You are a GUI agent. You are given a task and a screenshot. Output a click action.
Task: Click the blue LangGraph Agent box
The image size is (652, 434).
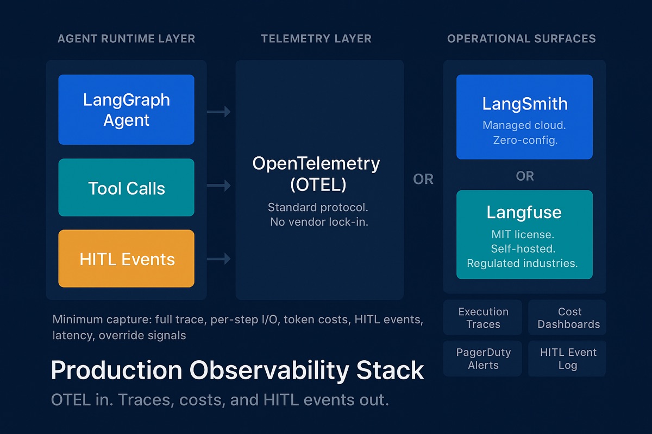(x=126, y=110)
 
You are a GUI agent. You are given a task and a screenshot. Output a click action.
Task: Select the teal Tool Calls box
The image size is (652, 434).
(x=126, y=188)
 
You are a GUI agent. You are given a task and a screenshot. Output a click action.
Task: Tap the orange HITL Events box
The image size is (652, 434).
(x=126, y=259)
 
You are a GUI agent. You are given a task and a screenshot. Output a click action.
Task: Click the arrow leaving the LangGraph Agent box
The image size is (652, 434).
(x=219, y=112)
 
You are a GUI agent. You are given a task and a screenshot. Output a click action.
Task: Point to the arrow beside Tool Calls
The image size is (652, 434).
(x=219, y=186)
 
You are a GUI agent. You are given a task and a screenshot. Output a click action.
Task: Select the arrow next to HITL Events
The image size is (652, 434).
(x=219, y=259)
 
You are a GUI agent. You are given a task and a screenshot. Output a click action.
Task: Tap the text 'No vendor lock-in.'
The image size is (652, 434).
(x=319, y=222)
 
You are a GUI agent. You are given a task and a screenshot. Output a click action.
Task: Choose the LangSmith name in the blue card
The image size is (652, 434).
(x=524, y=104)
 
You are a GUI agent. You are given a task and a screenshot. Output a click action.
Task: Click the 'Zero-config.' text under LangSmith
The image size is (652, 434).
(x=524, y=140)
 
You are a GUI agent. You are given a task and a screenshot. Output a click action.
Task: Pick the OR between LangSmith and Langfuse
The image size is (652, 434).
(x=525, y=176)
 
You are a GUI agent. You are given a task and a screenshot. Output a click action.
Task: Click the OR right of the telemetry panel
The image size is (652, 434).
(x=423, y=180)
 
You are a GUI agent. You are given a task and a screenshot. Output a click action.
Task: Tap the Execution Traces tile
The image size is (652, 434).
(x=483, y=318)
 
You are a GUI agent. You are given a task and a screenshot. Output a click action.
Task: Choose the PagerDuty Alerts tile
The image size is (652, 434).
(x=483, y=359)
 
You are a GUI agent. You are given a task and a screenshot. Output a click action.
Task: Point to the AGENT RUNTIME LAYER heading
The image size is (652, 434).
(x=126, y=39)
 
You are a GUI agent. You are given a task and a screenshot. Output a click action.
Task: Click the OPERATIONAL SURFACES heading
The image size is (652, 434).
(x=522, y=39)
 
